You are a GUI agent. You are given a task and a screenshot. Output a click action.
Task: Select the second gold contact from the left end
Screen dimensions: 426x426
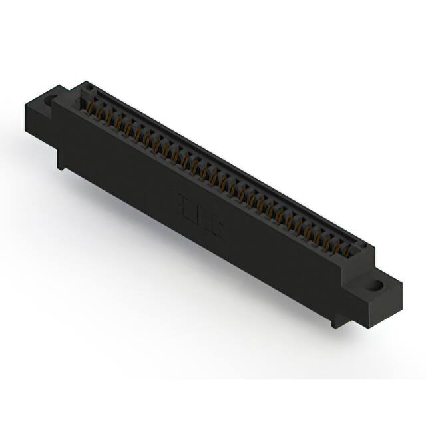pos(95,110)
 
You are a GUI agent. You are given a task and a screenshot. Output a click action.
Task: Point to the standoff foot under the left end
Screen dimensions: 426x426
pos(61,164)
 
